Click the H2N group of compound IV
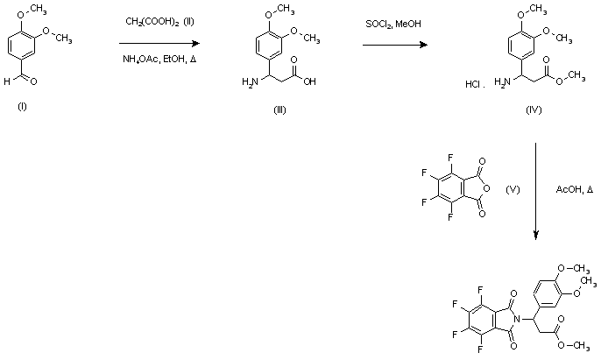(501, 83)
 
